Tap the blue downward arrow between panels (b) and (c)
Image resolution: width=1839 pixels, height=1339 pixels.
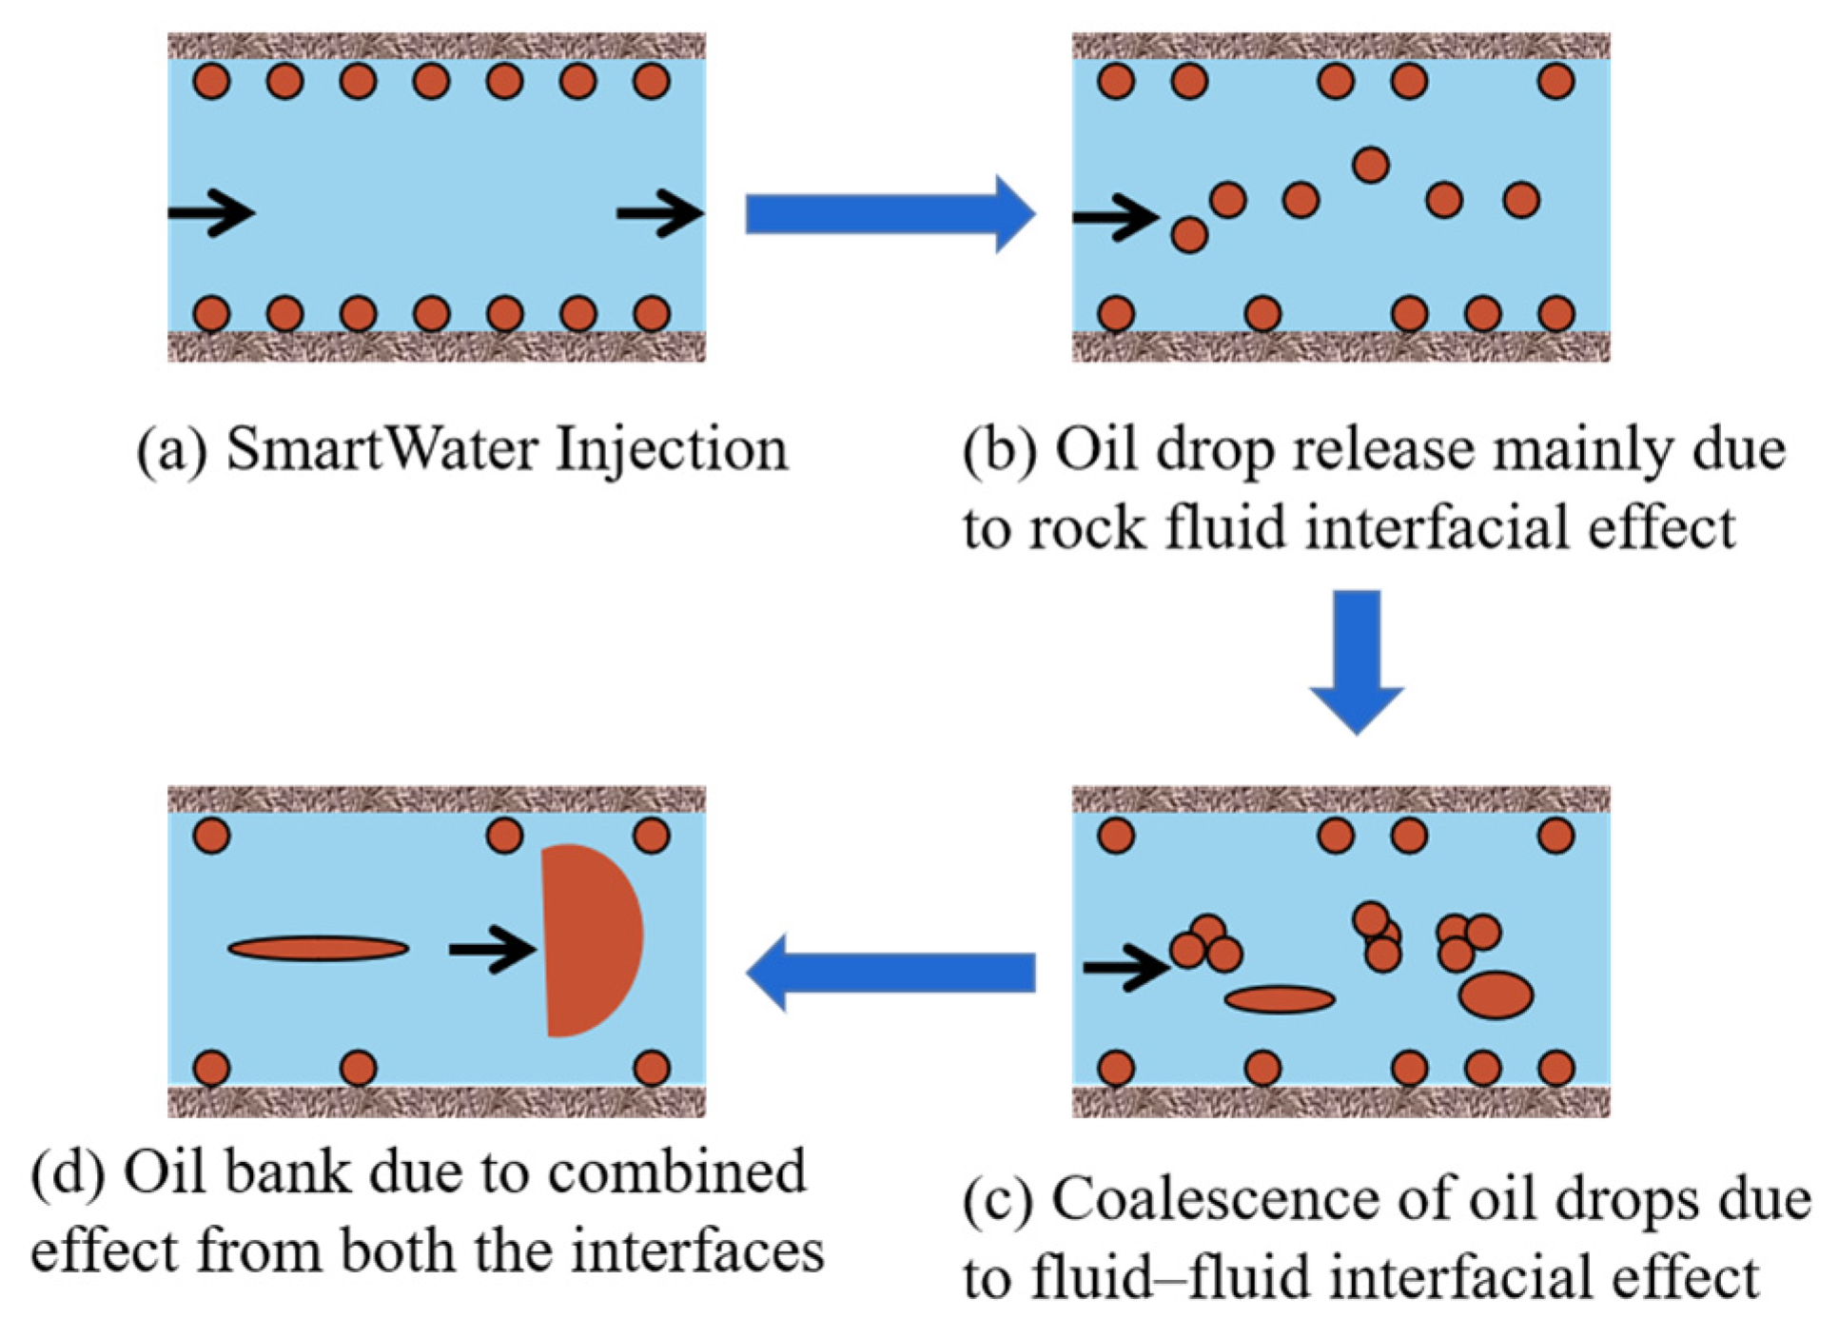pyautogui.click(x=1356, y=657)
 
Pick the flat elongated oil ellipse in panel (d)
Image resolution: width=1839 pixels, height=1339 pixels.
pyautogui.click(x=318, y=948)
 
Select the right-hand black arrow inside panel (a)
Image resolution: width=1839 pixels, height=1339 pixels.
pyautogui.click(x=658, y=212)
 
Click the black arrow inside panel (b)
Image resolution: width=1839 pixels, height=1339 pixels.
pyautogui.click(x=1113, y=217)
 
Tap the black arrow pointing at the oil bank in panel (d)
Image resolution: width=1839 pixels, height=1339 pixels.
pyautogui.click(x=491, y=949)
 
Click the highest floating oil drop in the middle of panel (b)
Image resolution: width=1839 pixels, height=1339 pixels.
pyautogui.click(x=1369, y=165)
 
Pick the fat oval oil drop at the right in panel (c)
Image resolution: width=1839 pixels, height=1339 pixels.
pyautogui.click(x=1495, y=994)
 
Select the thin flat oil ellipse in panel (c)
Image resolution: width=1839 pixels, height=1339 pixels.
pyautogui.click(x=1279, y=998)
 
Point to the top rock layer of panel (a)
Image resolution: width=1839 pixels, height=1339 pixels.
pyautogui.click(x=436, y=45)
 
